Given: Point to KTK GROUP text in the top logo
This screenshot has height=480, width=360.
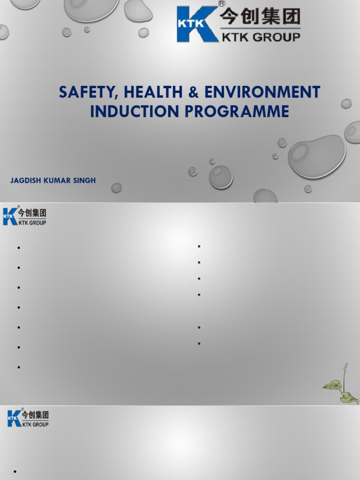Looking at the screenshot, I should click(261, 37).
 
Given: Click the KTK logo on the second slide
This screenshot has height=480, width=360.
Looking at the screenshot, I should click(25, 216).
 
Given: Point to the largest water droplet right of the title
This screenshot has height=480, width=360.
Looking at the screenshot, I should click(316, 157).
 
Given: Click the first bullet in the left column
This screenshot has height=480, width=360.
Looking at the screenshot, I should click(19, 247).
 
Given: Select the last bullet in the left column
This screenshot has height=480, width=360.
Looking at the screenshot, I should click(19, 367).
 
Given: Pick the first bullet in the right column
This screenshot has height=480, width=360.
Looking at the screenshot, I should click(199, 246).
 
